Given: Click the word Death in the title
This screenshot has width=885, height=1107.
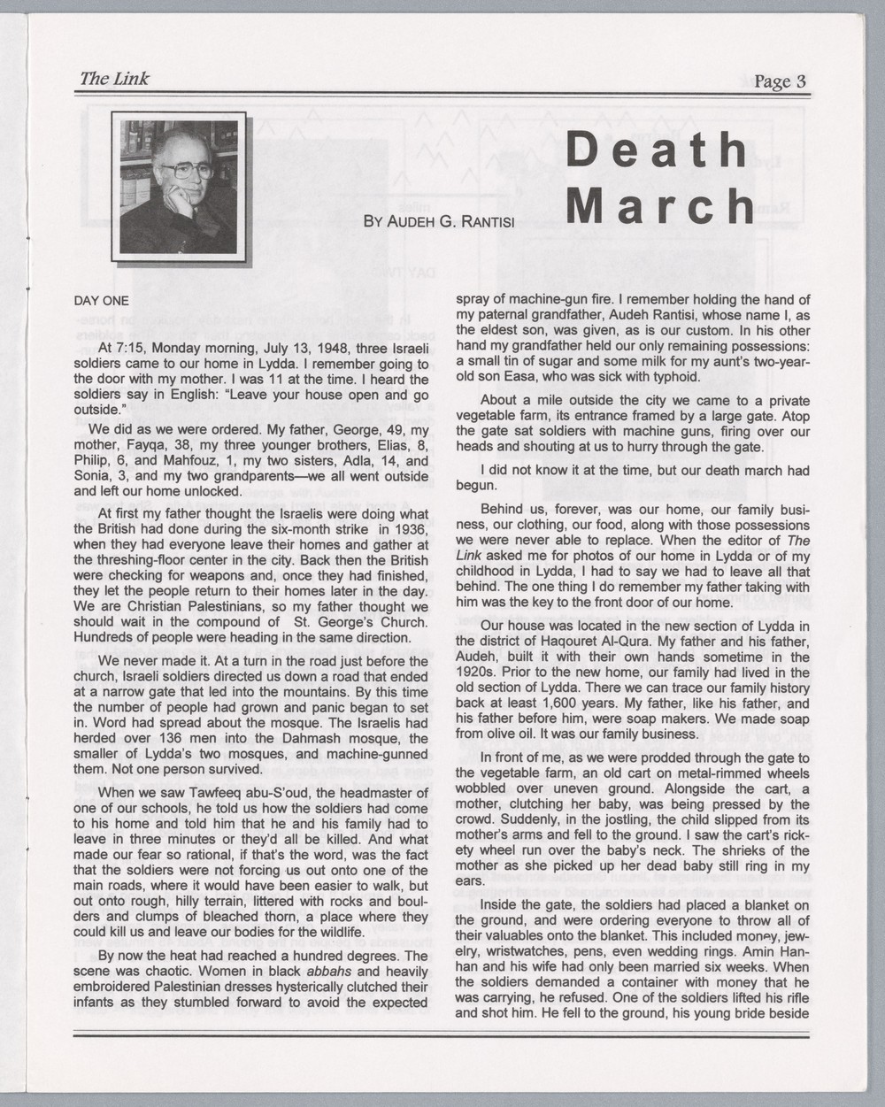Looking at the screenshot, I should click(658, 150).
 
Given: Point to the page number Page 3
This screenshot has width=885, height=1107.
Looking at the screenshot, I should click(780, 81).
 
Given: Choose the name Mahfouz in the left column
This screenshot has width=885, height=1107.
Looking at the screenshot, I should click(173, 460).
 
